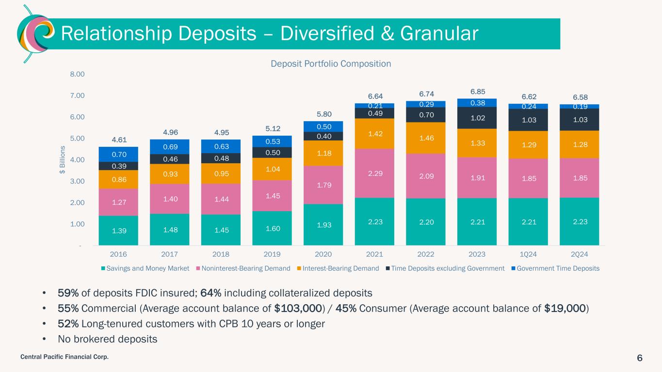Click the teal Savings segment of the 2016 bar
tap(118, 230)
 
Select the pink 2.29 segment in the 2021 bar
tap(374, 173)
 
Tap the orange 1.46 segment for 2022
tap(426, 138)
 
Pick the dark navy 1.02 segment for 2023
tap(477, 118)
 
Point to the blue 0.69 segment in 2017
tap(170, 146)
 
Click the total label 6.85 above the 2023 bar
tap(477, 92)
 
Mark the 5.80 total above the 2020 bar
tap(323, 114)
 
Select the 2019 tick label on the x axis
tap(272, 254)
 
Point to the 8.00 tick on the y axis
tap(78, 74)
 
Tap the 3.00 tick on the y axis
tap(78, 181)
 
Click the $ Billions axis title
tap(63, 160)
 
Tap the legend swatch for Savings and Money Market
tap(104, 268)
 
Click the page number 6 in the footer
tap(640, 358)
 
